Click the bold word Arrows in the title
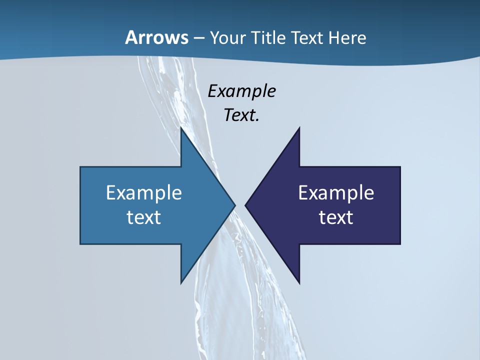click(x=156, y=38)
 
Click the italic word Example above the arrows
click(x=242, y=91)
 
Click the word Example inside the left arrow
click(x=144, y=193)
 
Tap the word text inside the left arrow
click(x=144, y=217)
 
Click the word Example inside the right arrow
click(x=336, y=193)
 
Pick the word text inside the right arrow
click(x=336, y=217)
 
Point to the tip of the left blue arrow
click(x=233, y=205)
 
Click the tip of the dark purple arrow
click(x=246, y=205)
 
